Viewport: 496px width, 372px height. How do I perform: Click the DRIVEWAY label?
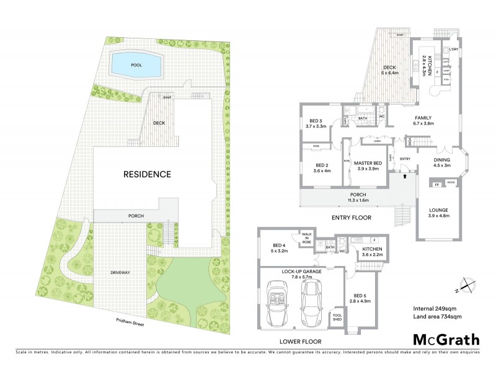[x=120, y=272]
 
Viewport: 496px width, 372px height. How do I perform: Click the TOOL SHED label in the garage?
[x=337, y=316]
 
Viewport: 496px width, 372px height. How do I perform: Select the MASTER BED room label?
[x=368, y=163]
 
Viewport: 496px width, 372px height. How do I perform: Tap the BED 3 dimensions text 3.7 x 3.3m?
[x=316, y=126]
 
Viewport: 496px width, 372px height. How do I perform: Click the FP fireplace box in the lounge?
[x=436, y=184]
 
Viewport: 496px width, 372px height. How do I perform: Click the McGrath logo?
[x=446, y=339]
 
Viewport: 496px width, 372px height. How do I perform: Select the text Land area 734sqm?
[x=438, y=317]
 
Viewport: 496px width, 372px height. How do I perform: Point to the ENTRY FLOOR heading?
[x=352, y=218]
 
